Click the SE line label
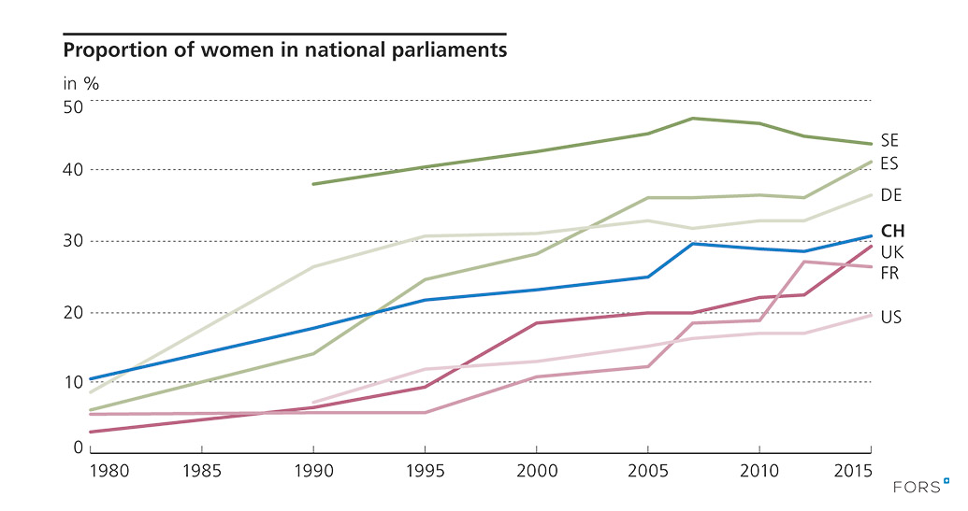[889, 140]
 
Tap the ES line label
[889, 164]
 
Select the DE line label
[889, 194]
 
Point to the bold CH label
[892, 230]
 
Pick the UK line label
[890, 251]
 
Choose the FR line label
[889, 272]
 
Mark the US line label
[890, 318]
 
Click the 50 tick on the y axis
[73, 106]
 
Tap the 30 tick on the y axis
[73, 241]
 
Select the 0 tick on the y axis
[79, 447]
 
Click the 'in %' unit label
[80, 82]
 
